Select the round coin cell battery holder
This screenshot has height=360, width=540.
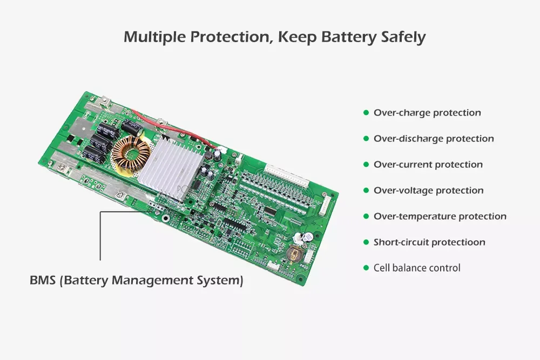coord(294,253)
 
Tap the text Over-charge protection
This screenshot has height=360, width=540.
coord(427,113)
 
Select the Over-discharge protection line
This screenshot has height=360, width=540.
coord(434,139)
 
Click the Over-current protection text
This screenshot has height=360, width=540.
coord(428,165)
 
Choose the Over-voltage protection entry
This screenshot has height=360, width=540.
coord(429,191)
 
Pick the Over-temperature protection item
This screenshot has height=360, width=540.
coord(440,216)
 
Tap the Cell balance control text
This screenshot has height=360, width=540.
coord(417,268)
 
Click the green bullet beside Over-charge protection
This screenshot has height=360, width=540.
coord(366,113)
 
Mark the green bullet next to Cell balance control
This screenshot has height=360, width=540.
coord(366,268)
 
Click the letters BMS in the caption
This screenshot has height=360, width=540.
coord(42,281)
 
